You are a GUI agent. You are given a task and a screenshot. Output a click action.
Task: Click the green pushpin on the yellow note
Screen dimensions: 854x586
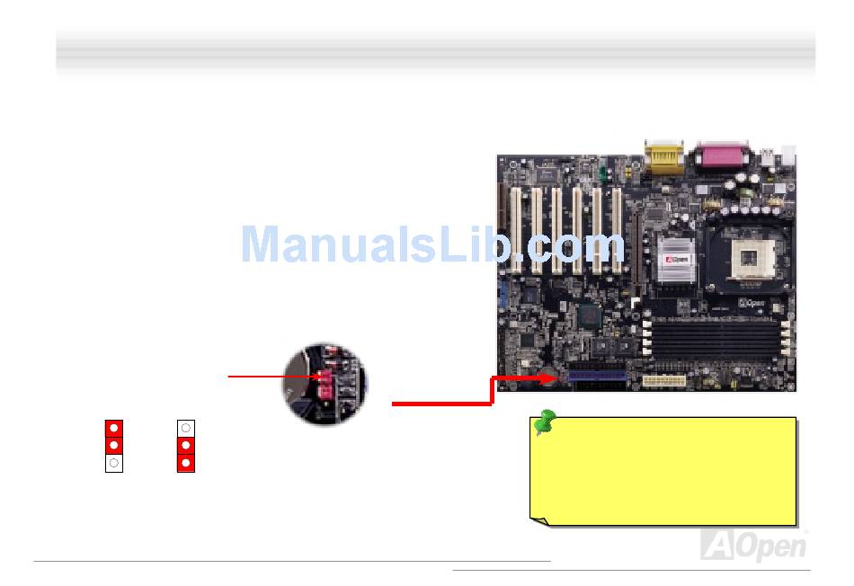tap(543, 422)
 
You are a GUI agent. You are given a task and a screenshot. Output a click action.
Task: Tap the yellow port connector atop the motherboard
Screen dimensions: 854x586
tap(664, 160)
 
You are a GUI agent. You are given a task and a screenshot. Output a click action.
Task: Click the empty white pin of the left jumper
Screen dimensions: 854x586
tap(114, 463)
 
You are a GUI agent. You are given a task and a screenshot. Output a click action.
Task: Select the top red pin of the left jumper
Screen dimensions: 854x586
tap(114, 428)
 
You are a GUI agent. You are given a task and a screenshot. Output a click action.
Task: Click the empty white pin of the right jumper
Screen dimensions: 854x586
tap(186, 428)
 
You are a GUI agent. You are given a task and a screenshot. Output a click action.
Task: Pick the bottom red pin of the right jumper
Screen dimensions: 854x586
tap(186, 463)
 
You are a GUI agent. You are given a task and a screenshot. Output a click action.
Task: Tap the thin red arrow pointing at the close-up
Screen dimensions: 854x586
tap(271, 377)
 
